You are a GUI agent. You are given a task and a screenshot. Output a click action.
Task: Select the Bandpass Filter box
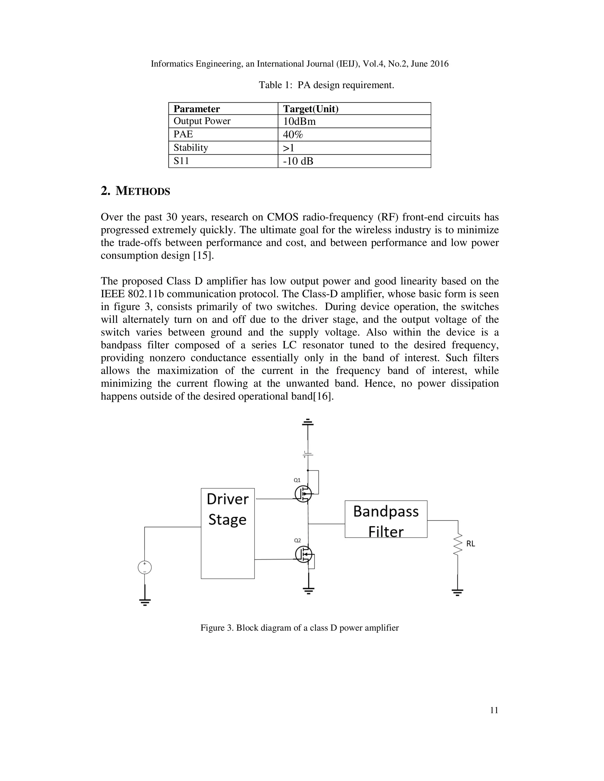[x=386, y=519]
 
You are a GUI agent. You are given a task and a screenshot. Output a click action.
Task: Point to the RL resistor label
[x=470, y=543]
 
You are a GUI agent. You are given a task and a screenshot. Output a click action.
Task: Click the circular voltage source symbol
[x=145, y=568]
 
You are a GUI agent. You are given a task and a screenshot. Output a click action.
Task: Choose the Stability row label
[x=191, y=148]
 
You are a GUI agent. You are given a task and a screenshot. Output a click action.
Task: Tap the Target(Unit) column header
[x=311, y=109]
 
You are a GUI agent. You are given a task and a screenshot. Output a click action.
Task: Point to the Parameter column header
[x=196, y=109]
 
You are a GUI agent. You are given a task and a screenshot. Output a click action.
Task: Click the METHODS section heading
[x=135, y=191]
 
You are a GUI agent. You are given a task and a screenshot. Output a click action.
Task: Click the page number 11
[x=494, y=710]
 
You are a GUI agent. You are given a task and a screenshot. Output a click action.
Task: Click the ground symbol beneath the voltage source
[x=145, y=602]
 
